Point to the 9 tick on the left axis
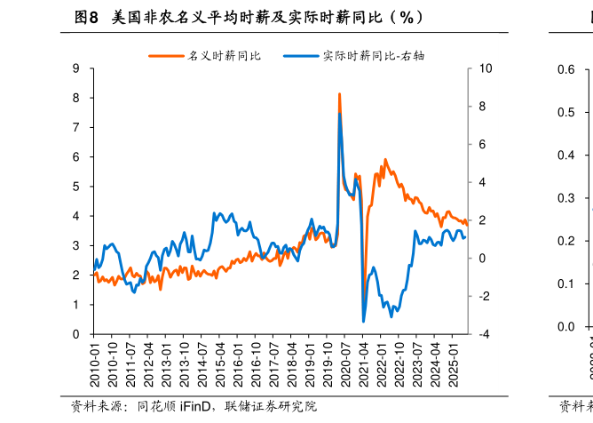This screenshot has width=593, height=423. tap(77, 68)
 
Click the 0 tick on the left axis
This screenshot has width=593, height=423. tap(77, 334)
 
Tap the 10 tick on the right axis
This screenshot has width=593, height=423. tap(484, 68)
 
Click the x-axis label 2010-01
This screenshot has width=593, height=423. tap(95, 363)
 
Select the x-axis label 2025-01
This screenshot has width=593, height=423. tap(453, 363)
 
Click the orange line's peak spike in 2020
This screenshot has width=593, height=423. tap(339, 93)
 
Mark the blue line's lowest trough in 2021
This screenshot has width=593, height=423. tap(363, 321)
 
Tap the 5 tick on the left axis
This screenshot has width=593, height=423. tap(77, 187)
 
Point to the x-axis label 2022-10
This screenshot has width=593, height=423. tap(399, 363)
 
